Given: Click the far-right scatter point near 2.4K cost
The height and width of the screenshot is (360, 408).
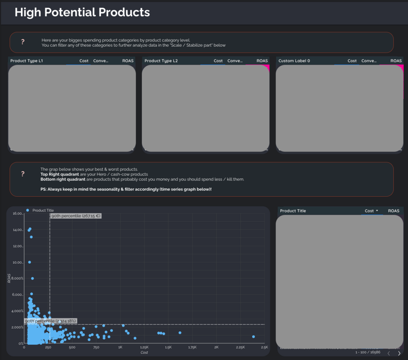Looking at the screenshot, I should (x=253, y=336).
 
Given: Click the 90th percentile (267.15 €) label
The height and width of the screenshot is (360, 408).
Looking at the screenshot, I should (x=76, y=216).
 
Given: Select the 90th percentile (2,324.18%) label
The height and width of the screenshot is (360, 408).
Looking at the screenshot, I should (x=50, y=321).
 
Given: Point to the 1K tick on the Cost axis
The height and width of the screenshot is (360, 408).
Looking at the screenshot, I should (x=120, y=347).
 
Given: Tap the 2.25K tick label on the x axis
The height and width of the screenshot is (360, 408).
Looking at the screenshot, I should (x=240, y=347).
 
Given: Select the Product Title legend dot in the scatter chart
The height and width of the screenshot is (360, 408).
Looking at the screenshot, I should (x=28, y=210).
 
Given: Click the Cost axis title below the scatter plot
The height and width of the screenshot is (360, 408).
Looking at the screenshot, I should (x=144, y=352).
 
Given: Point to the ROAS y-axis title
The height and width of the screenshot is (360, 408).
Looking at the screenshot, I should (x=9, y=278).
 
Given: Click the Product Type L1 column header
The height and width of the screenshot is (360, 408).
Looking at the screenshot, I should (x=26, y=61).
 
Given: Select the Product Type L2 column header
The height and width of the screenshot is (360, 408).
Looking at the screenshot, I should (x=161, y=61).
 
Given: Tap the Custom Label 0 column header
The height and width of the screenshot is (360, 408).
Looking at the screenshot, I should (x=294, y=61).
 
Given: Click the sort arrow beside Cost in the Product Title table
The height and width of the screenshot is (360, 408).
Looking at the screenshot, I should (x=377, y=211).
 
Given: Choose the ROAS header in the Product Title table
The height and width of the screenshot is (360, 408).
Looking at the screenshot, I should (x=393, y=211).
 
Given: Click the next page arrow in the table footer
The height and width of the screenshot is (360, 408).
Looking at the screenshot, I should (x=399, y=353).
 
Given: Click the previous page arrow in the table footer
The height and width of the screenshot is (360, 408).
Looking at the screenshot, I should (x=389, y=353).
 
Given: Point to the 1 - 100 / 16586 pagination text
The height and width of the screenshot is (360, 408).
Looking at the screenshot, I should (x=368, y=352).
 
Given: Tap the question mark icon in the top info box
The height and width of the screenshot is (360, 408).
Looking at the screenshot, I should (x=23, y=42).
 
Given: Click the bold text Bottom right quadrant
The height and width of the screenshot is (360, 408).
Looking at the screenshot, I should (x=63, y=179).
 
